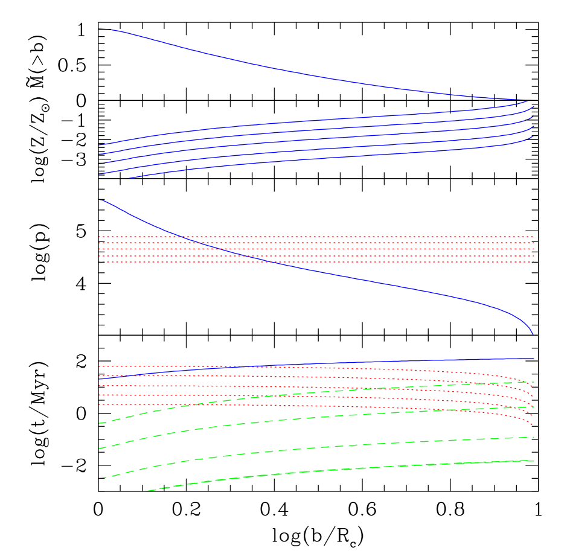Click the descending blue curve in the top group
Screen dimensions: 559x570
pos(302,74)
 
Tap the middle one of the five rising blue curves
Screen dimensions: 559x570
pos(302,139)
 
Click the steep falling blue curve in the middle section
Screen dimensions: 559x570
pos(362,279)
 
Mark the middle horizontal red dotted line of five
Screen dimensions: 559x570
pos(423,249)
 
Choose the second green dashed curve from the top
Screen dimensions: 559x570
pos(302,418)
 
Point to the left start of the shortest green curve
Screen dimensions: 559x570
pos(148,490)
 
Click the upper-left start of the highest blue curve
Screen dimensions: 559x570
pos(100,29)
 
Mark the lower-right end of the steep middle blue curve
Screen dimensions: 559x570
pos(533,333)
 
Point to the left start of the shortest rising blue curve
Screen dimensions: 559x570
pos(129,178)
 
